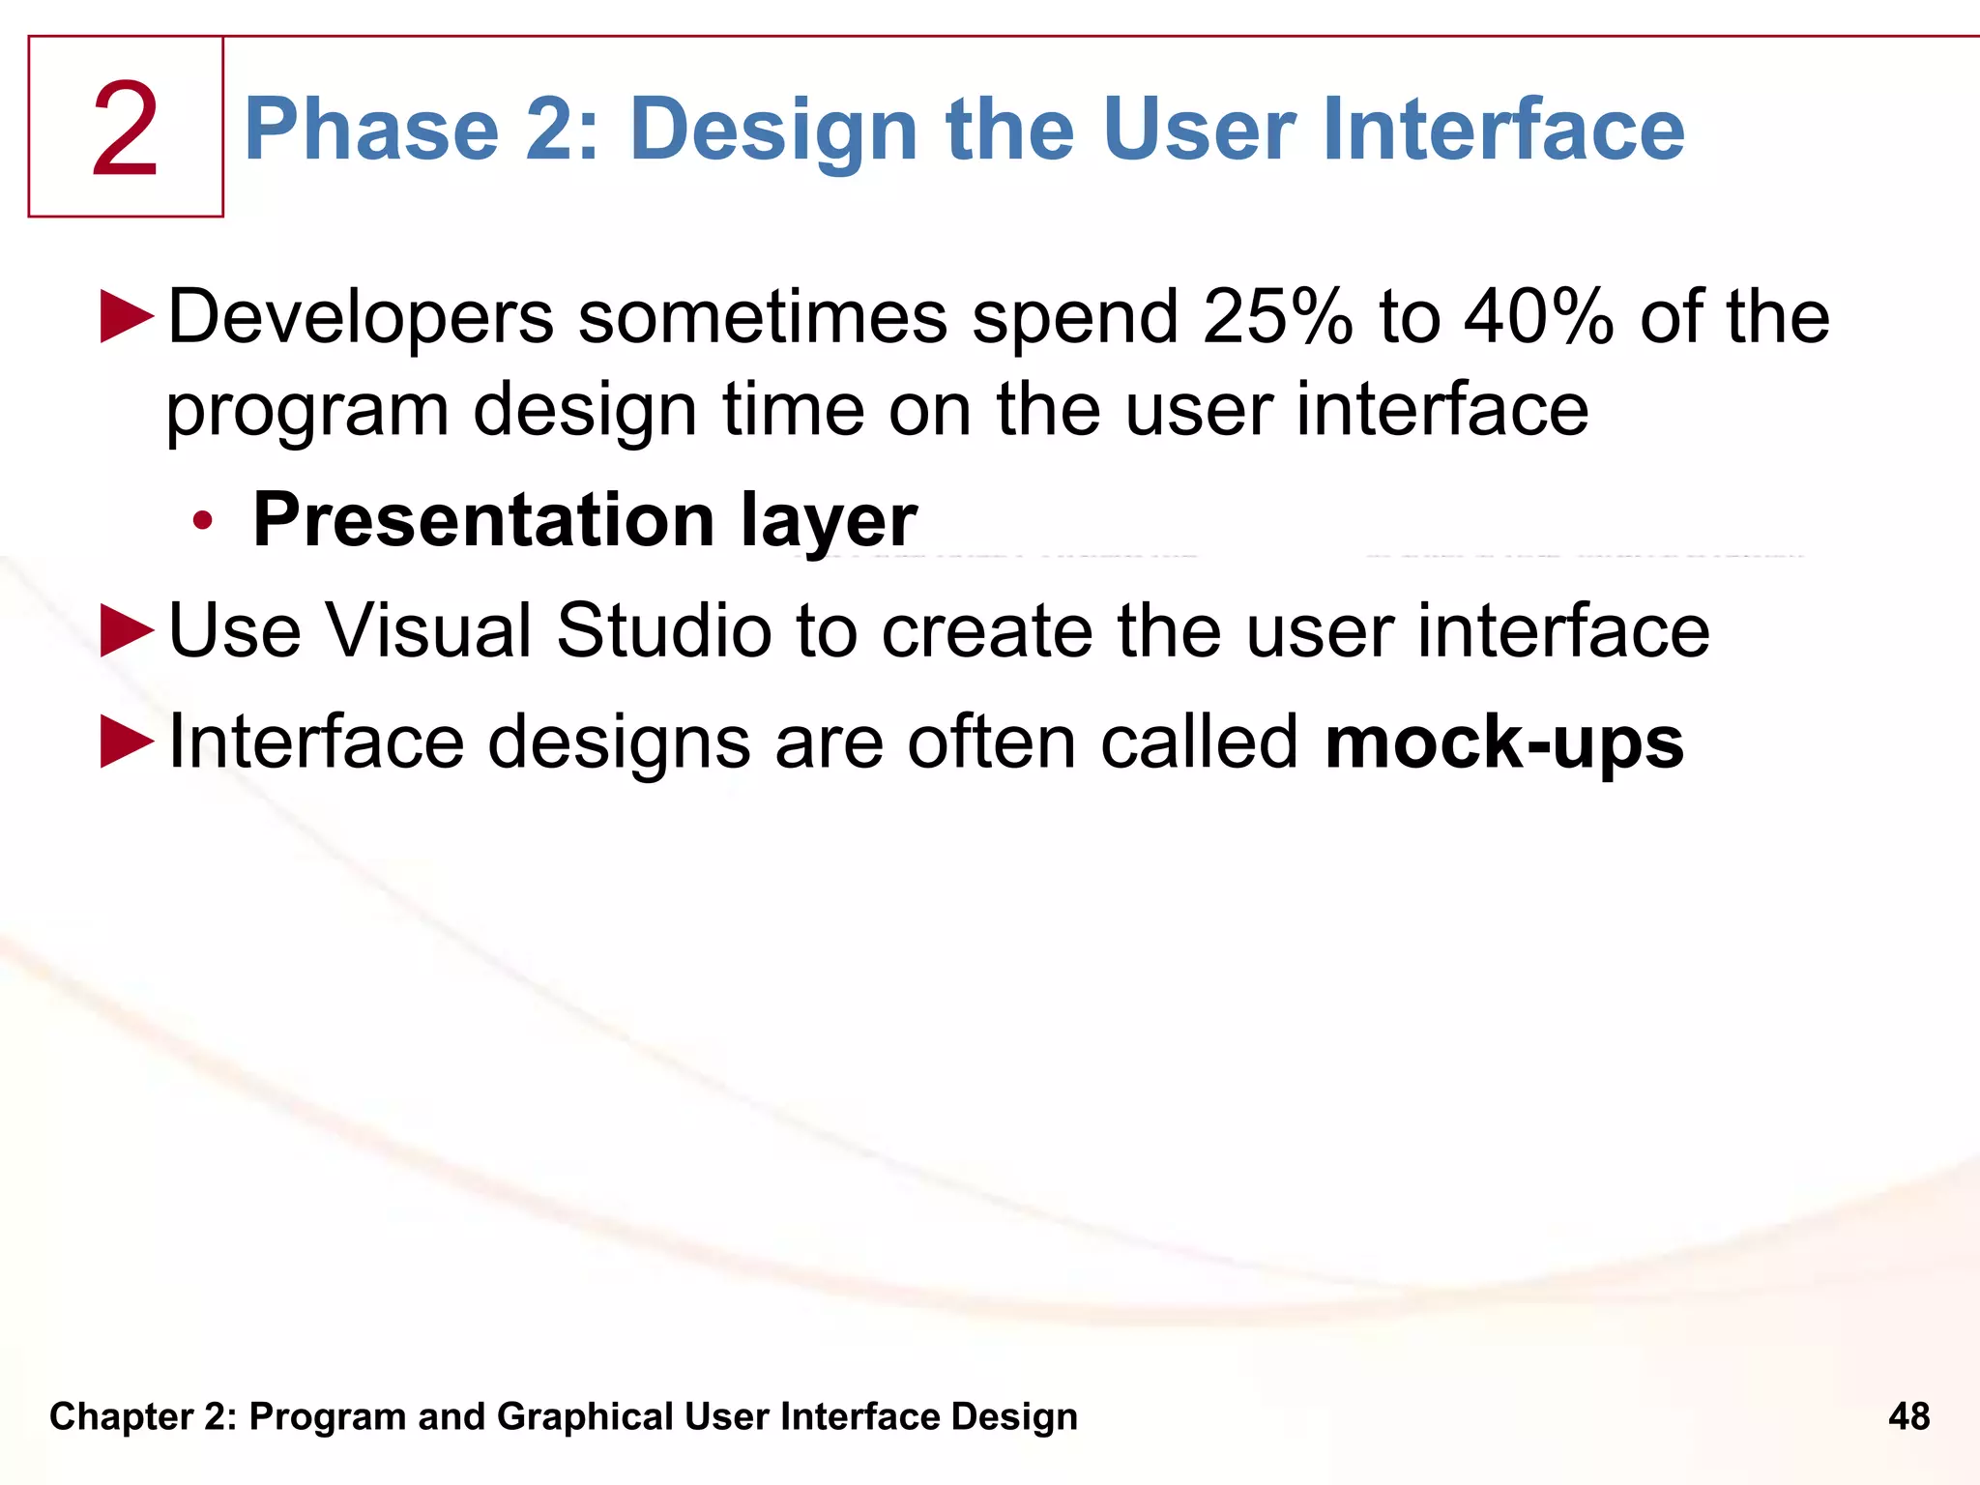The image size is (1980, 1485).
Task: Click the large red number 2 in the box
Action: (125, 130)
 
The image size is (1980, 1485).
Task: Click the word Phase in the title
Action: (371, 130)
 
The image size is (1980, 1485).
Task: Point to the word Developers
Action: (361, 318)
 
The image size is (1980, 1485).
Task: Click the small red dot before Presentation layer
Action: (202, 521)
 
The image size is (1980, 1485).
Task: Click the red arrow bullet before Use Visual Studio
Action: (127, 630)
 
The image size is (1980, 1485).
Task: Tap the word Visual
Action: (428, 630)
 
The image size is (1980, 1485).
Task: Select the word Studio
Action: (662, 630)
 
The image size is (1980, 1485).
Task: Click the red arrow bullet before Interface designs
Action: (127, 742)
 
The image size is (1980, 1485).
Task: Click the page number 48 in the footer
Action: (1908, 1416)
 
